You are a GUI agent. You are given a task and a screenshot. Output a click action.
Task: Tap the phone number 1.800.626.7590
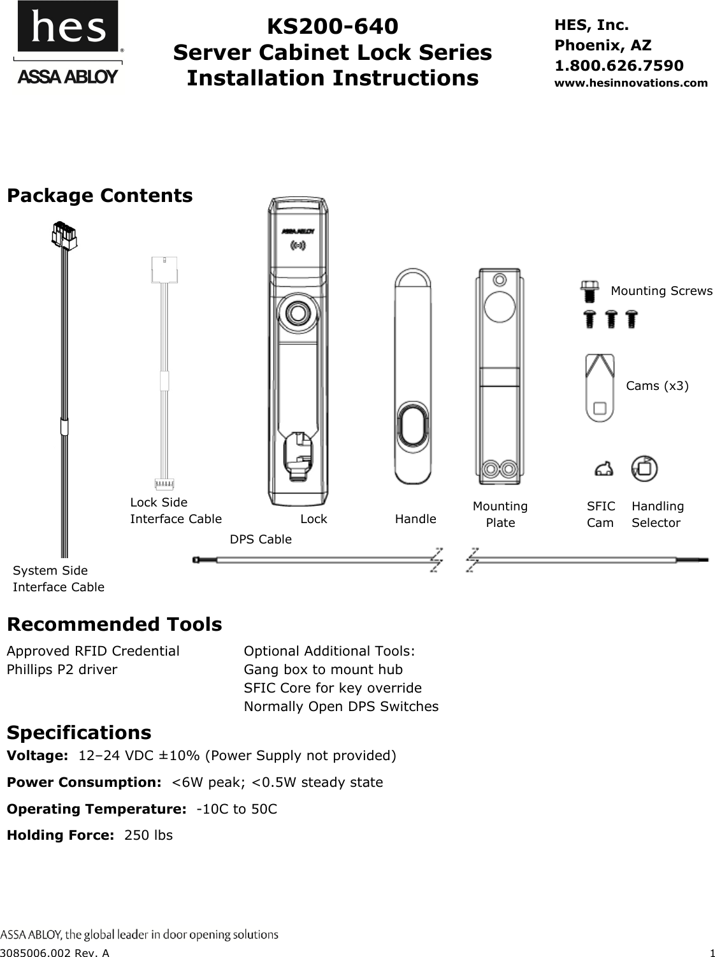[619, 65]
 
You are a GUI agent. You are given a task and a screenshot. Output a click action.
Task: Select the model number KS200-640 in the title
[332, 26]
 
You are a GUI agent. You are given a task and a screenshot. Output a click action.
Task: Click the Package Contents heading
[99, 195]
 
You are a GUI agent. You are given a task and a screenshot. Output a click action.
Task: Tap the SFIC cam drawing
[603, 470]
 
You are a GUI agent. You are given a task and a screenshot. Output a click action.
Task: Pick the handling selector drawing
[644, 468]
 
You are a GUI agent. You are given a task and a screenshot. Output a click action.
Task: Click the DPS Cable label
[260, 539]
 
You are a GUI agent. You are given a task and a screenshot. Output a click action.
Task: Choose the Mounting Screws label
[661, 291]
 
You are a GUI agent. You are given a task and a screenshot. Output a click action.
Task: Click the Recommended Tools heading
[114, 624]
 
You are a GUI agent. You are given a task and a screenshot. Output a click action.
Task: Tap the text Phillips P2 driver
[62, 669]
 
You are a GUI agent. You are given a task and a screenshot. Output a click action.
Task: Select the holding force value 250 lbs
[148, 835]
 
